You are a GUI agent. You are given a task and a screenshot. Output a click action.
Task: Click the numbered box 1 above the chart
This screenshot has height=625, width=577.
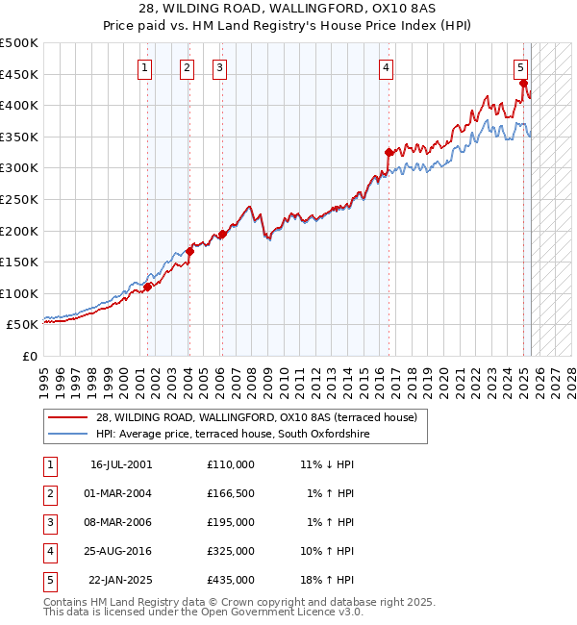pos(143,67)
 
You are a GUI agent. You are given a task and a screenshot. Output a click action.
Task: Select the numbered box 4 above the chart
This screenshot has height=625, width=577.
pos(386,67)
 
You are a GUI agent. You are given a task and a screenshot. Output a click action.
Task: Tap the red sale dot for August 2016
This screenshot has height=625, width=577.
pos(389,151)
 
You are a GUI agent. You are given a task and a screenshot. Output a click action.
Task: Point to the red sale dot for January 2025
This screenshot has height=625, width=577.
pos(523,83)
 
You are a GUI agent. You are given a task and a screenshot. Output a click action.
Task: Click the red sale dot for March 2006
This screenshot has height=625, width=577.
pos(222,234)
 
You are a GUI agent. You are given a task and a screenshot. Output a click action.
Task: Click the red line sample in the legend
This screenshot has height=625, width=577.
pos(67,418)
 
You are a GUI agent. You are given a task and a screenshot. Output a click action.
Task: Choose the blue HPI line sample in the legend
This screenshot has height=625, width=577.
pos(67,435)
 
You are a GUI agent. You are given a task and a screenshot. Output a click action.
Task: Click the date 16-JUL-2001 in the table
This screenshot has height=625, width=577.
pos(121,464)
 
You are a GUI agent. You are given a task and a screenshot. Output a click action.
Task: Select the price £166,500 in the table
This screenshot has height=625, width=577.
pos(231,493)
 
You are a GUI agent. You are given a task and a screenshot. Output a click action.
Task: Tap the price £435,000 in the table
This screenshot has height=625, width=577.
pos(231,580)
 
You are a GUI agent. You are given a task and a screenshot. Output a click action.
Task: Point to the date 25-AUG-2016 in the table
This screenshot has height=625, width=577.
pos(121,551)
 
